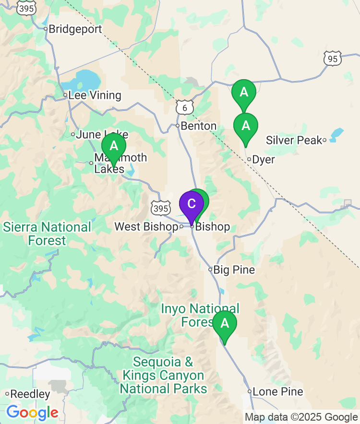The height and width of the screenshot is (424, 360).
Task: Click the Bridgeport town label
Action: (75, 29)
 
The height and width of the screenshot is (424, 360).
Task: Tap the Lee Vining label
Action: (95, 95)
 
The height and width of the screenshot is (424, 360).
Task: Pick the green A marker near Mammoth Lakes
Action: (114, 146)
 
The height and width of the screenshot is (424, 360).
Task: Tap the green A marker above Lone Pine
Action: (224, 325)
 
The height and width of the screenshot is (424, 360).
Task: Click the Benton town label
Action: (199, 126)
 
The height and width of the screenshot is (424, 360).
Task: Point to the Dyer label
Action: (264, 160)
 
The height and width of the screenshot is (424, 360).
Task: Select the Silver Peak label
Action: (294, 141)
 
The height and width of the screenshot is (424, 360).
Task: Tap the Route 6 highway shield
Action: (184, 107)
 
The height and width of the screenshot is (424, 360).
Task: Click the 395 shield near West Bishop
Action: (160, 208)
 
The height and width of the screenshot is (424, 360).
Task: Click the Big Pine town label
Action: (234, 270)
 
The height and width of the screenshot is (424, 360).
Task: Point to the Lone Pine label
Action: (277, 392)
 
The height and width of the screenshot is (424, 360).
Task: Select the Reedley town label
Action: (30, 394)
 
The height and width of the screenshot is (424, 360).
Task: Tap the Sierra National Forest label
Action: (47, 234)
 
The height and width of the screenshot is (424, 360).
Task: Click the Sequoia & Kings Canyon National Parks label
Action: (163, 375)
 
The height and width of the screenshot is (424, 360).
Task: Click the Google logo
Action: (32, 412)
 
